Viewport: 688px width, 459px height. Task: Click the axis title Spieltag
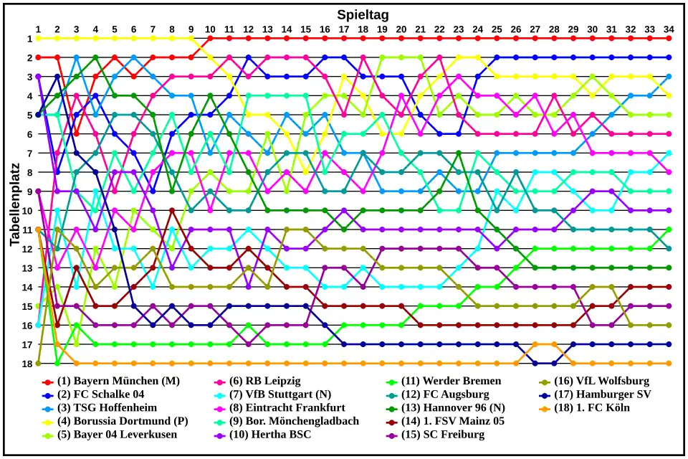[x=363, y=14]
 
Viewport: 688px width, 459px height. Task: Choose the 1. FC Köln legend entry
[x=593, y=408]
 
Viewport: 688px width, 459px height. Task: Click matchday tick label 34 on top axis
[x=669, y=29]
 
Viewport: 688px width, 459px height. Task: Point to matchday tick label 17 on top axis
[x=344, y=29]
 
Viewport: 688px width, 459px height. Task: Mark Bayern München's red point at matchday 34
[x=669, y=39]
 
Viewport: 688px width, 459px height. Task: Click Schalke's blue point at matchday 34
[x=669, y=57]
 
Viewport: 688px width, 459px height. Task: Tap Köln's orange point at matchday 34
[x=669, y=364]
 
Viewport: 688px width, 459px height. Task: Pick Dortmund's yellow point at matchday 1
[x=38, y=39]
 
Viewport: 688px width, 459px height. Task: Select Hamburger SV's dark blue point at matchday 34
[x=669, y=344]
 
